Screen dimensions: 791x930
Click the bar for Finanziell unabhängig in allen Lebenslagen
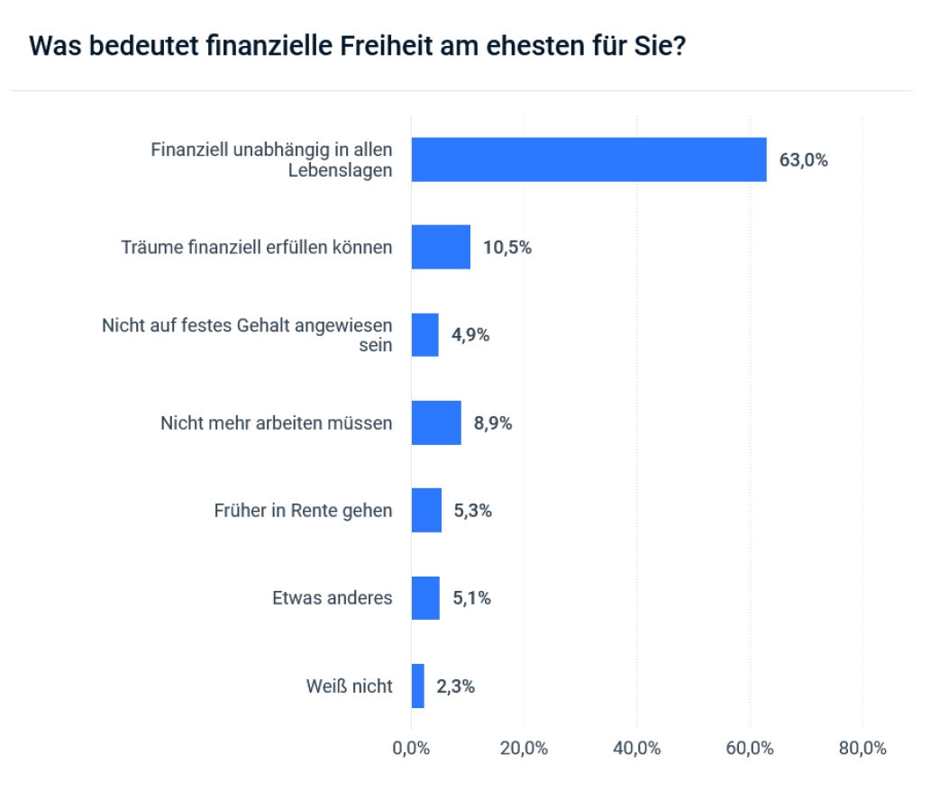(x=588, y=160)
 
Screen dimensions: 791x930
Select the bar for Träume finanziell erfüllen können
(x=441, y=247)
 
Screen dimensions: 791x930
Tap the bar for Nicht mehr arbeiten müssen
(x=436, y=423)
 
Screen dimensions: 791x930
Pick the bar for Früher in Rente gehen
(x=426, y=510)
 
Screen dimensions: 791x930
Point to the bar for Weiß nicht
(x=418, y=686)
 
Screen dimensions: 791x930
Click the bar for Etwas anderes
(x=425, y=598)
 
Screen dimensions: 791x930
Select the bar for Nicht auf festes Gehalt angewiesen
(x=425, y=335)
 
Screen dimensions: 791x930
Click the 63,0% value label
(x=803, y=160)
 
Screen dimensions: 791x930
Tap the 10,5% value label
(x=507, y=248)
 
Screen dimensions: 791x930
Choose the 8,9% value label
(x=493, y=423)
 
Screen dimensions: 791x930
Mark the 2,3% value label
(x=455, y=686)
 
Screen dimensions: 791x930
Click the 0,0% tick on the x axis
(x=411, y=749)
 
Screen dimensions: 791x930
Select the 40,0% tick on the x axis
(x=637, y=749)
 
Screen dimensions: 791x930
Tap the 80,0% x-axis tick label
(x=862, y=749)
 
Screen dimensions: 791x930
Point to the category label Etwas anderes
(x=333, y=598)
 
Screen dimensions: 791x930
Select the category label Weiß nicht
(x=350, y=686)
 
